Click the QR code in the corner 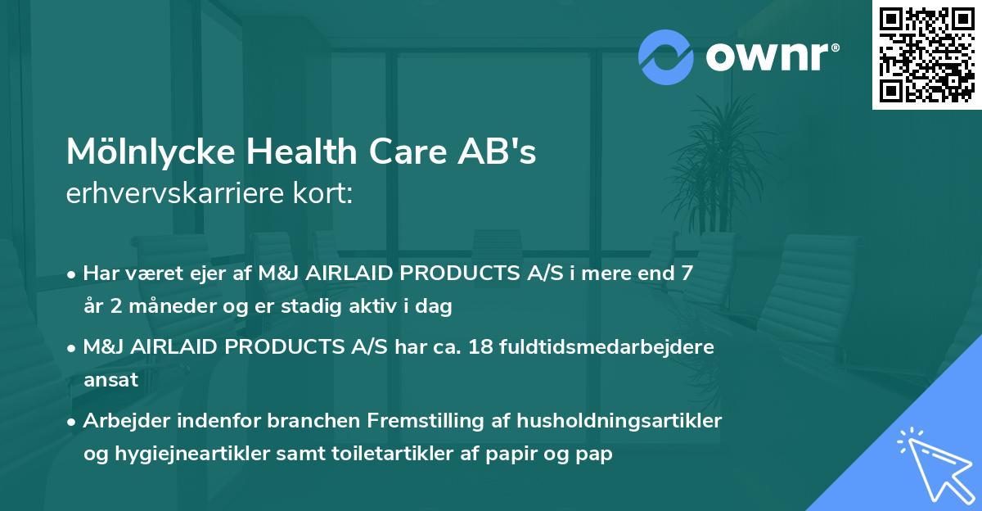point(927,54)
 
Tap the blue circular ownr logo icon point(666,57)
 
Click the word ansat point(110,380)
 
